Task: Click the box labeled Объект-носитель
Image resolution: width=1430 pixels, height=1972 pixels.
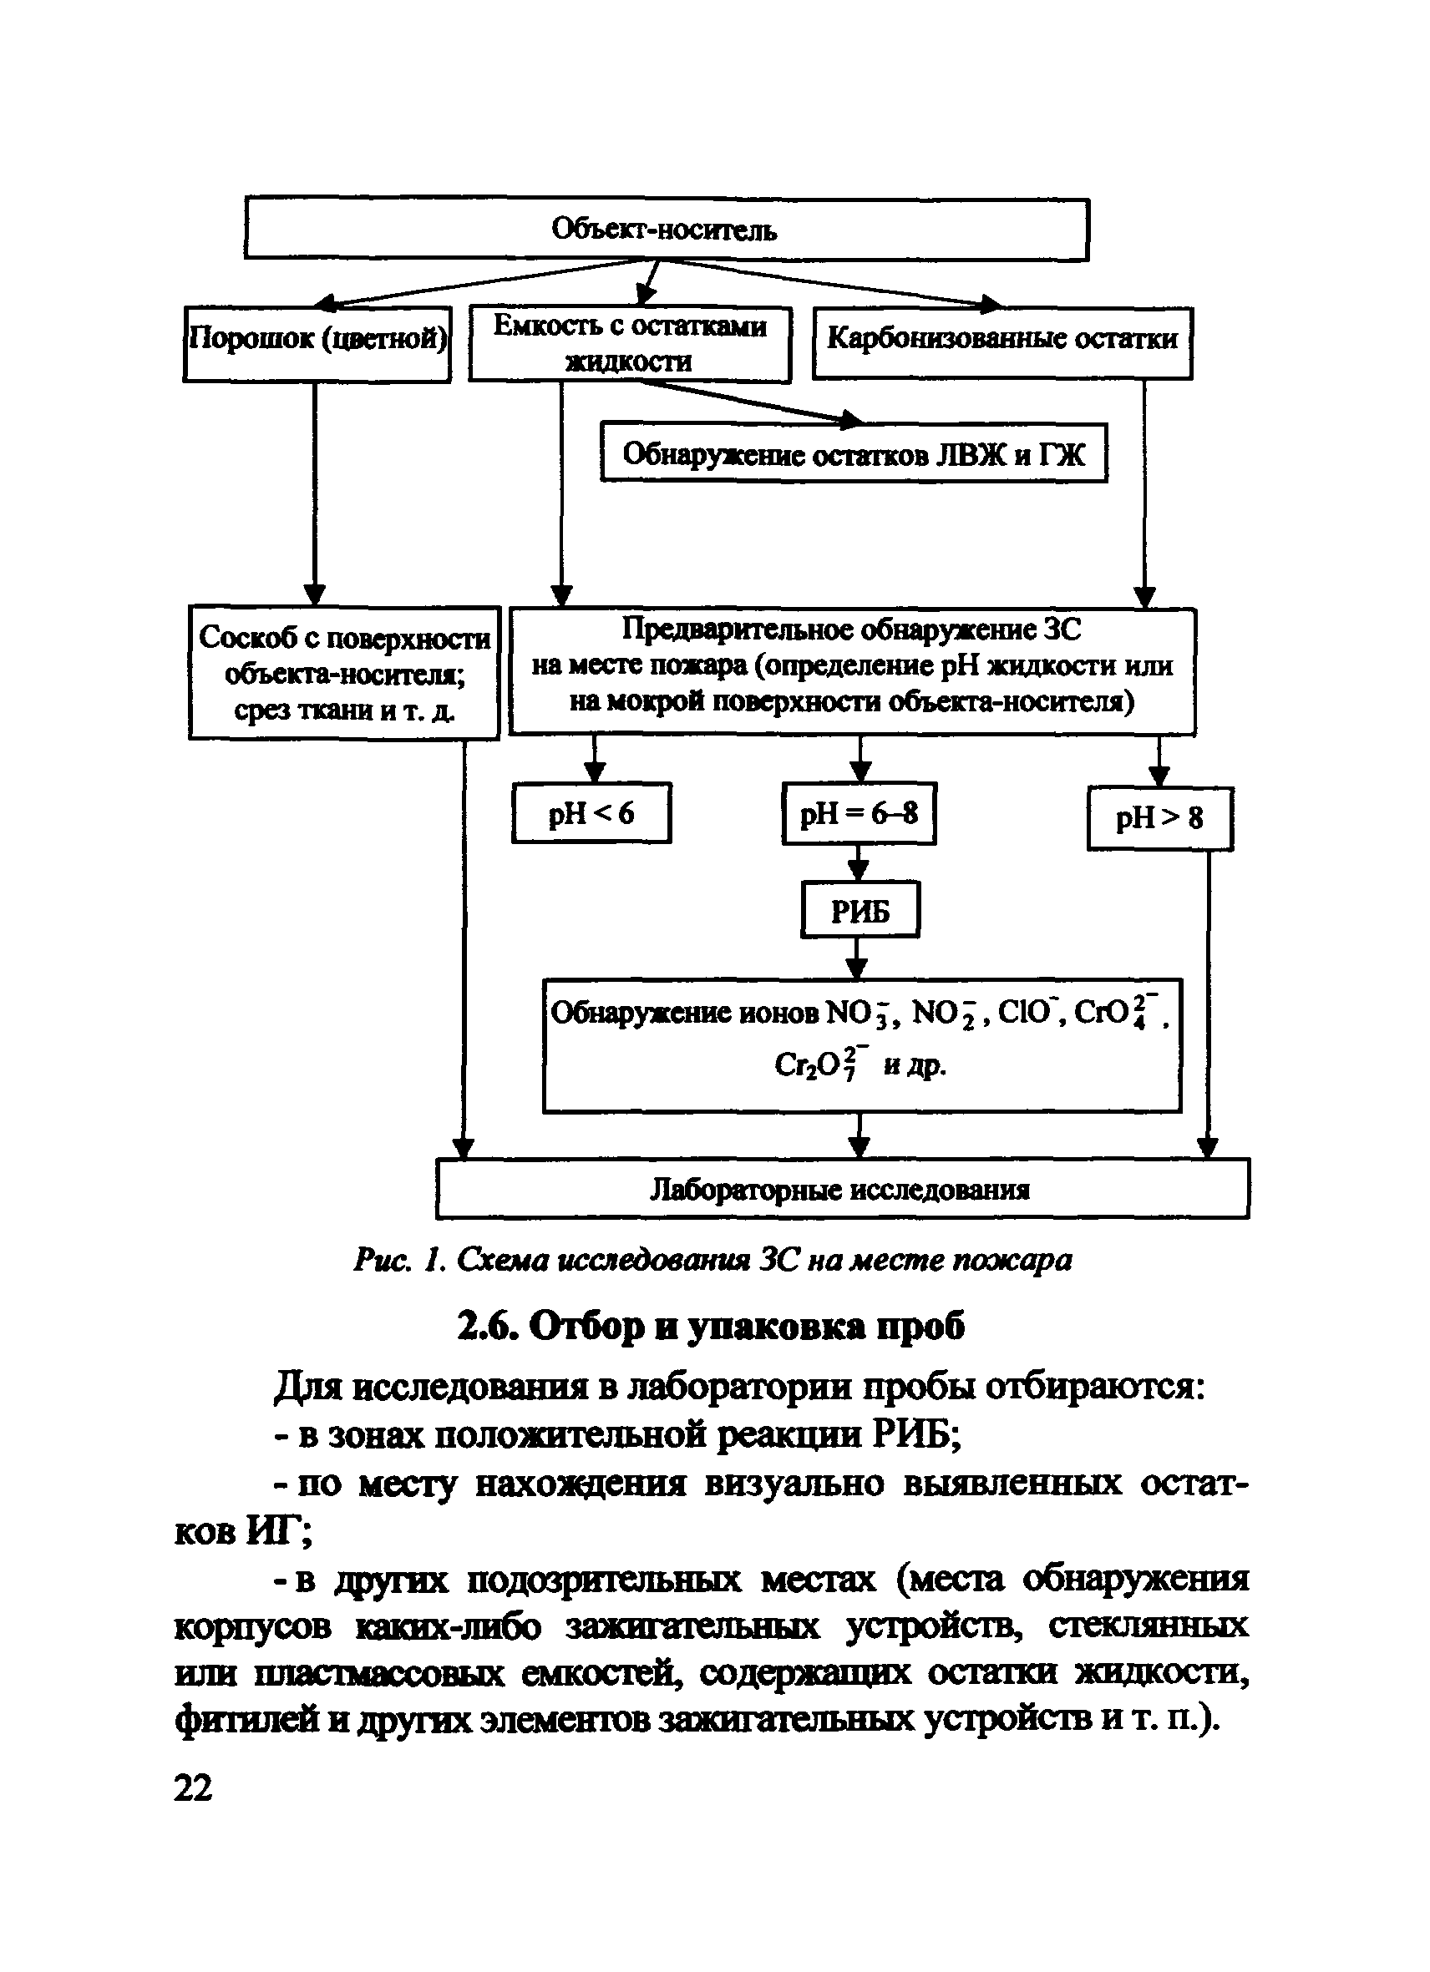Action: point(666,229)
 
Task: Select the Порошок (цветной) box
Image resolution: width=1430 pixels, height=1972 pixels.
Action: point(317,343)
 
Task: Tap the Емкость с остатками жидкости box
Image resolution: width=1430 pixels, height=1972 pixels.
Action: point(630,343)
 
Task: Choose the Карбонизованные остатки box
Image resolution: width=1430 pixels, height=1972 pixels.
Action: point(1002,342)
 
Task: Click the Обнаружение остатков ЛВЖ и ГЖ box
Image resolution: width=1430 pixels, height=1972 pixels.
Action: point(854,453)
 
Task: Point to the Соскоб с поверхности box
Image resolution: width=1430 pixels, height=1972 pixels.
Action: point(343,672)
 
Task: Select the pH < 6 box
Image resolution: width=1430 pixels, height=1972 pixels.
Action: point(591,813)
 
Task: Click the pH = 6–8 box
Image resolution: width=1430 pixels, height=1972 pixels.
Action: point(859,813)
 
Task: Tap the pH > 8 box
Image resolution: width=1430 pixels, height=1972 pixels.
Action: point(1159,818)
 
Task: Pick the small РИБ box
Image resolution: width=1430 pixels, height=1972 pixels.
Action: point(860,910)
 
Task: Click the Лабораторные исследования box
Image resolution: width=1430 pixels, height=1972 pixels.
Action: point(841,1189)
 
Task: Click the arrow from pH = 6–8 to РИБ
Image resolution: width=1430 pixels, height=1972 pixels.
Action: point(859,862)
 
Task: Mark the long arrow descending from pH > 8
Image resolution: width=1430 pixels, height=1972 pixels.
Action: point(1208,1000)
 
